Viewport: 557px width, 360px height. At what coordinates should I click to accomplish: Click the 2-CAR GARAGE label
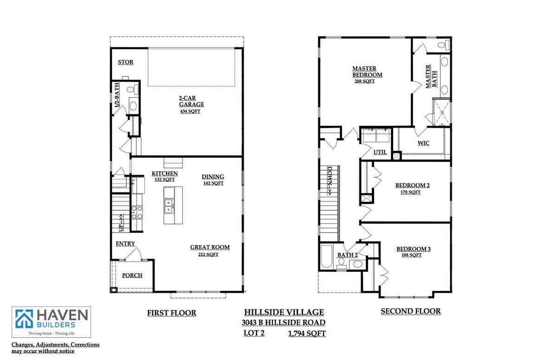coord(191,101)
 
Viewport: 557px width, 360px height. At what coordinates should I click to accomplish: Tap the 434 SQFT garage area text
coord(190,111)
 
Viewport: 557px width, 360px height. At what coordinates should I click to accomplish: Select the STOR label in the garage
coord(126,62)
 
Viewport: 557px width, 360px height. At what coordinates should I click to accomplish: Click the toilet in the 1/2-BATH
coord(134,90)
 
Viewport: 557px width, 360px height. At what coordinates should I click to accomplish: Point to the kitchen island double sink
coord(168,206)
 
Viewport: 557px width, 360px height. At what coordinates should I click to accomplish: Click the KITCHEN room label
coord(165,174)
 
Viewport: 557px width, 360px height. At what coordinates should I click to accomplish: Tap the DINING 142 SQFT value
coord(214,183)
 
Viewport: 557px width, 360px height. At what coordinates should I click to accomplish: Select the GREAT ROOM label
coord(210,247)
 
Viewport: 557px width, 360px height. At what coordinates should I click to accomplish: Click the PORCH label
coord(132,275)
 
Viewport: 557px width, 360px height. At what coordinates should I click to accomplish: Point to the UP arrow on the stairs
coord(121,223)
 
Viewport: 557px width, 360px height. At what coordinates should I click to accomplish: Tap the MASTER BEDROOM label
coord(367,71)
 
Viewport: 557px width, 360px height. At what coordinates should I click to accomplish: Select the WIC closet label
coord(423,143)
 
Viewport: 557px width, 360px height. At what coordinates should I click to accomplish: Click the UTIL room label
coord(380,152)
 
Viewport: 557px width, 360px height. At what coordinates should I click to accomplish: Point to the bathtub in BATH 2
coord(326,257)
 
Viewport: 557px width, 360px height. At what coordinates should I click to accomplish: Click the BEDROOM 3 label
coord(413,249)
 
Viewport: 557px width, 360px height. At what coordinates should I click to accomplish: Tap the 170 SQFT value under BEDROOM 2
coord(410,192)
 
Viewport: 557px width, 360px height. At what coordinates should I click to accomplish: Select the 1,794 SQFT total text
coord(307,334)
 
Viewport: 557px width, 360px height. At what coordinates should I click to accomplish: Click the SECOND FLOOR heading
coord(410,311)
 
